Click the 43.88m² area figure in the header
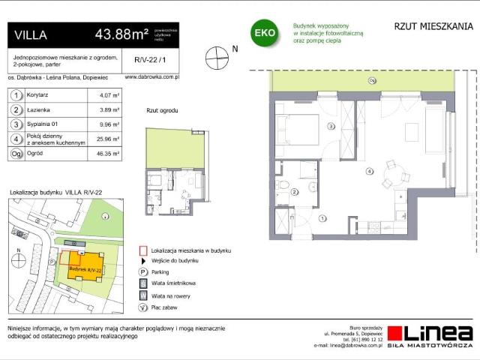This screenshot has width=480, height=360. click(x=121, y=34)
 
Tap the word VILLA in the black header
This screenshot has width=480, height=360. click(x=31, y=34)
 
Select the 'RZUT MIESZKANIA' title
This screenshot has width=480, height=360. click(x=433, y=27)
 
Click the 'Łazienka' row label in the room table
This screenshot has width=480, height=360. click(x=38, y=109)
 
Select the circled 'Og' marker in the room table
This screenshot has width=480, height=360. click(x=15, y=153)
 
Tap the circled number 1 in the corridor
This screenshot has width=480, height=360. click(x=322, y=218)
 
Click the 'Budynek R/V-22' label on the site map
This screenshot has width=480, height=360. click(x=84, y=268)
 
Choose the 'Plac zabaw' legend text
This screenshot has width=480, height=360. click(x=166, y=306)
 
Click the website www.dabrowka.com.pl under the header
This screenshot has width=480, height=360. click(x=151, y=76)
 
